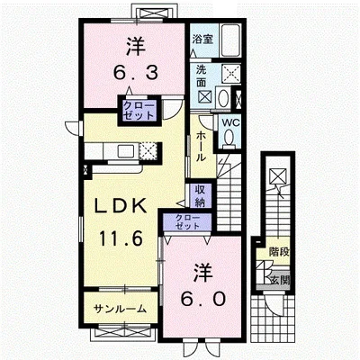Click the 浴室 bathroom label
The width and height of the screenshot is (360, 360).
pos(202,39)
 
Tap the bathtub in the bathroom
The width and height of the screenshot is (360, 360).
pos(230,40)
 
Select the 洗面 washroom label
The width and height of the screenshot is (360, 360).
pos(202,76)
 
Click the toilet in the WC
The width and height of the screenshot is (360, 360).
pos(229,139)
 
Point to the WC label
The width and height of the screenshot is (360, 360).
pos(229,122)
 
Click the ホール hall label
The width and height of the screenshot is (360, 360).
pos(201,147)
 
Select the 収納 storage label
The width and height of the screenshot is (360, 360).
pos(200,196)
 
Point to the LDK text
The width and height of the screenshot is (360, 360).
pos(121,205)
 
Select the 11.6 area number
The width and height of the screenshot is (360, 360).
pos(120,239)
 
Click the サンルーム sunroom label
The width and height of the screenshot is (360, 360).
pos(120,309)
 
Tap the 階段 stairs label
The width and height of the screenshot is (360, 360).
pos(279,251)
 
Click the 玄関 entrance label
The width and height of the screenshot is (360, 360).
pos(280,281)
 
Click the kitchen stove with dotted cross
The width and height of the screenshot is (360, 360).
pos(148,150)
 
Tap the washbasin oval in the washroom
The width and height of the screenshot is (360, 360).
pos(223,98)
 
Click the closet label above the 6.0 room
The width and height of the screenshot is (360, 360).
pos(187,221)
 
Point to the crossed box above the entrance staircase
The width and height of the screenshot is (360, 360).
pos(277,176)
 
